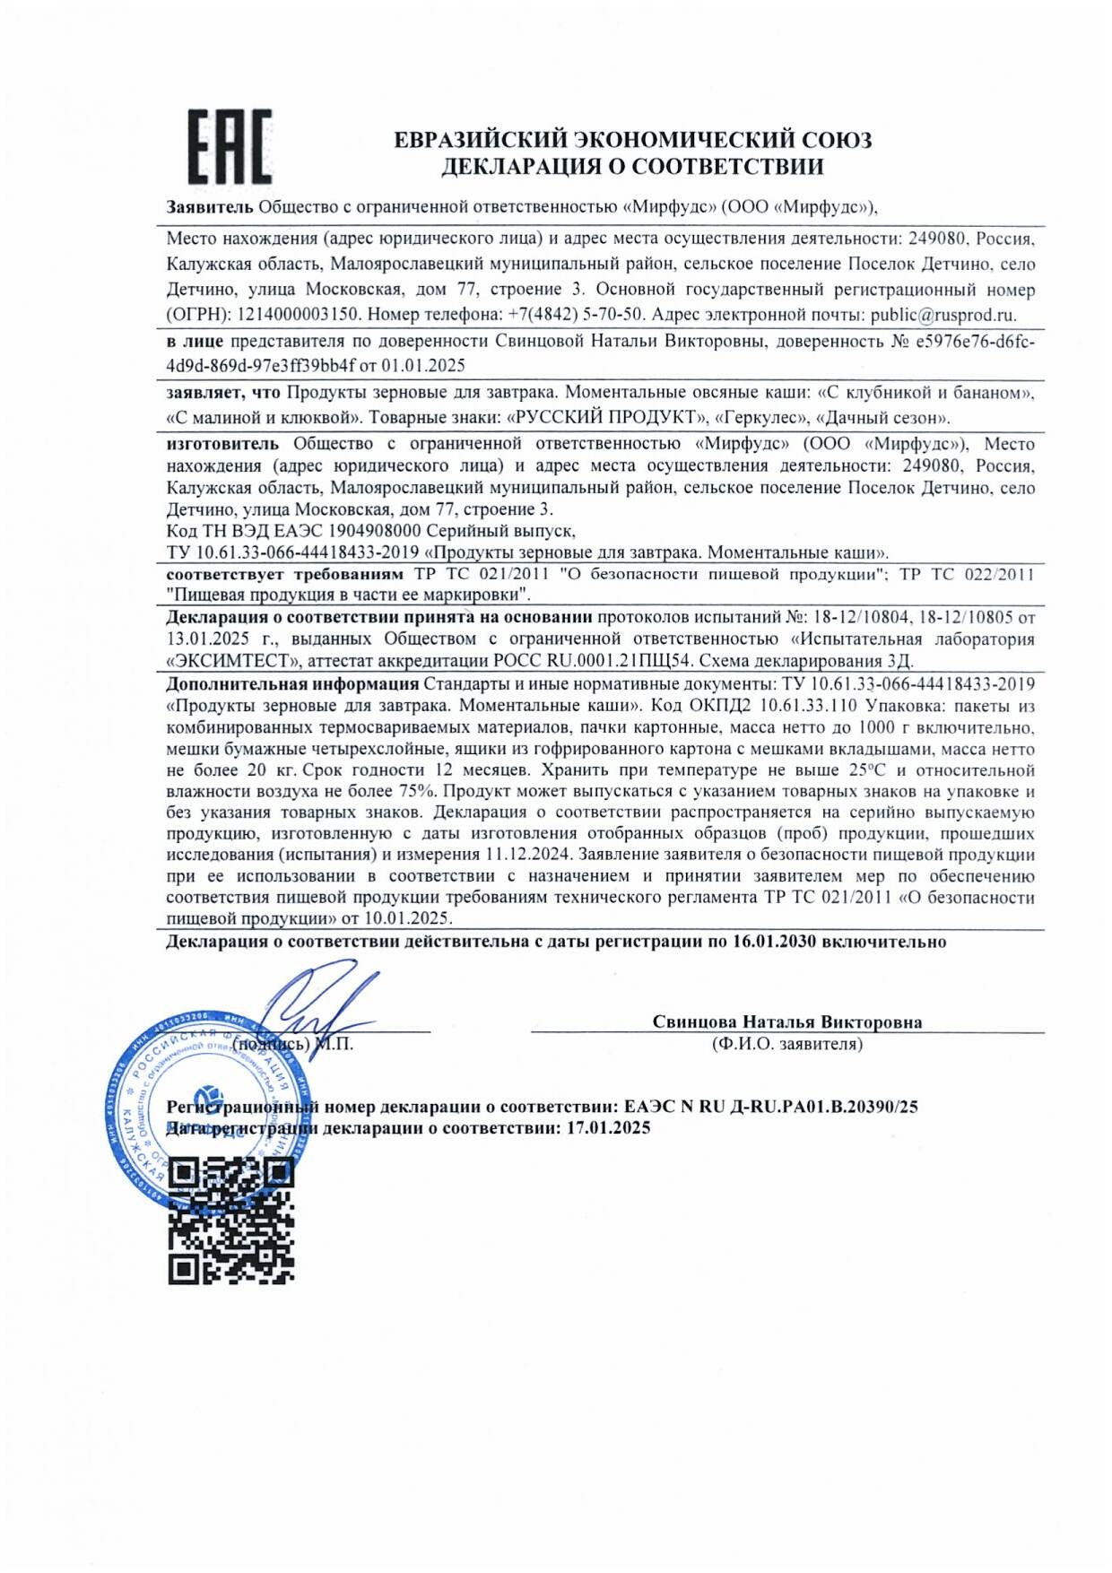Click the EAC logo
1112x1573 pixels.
[x=229, y=147]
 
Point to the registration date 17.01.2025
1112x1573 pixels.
[x=608, y=1128]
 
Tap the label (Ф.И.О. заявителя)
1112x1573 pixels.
[x=787, y=1044]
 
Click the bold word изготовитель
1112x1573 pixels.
[x=223, y=443]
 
